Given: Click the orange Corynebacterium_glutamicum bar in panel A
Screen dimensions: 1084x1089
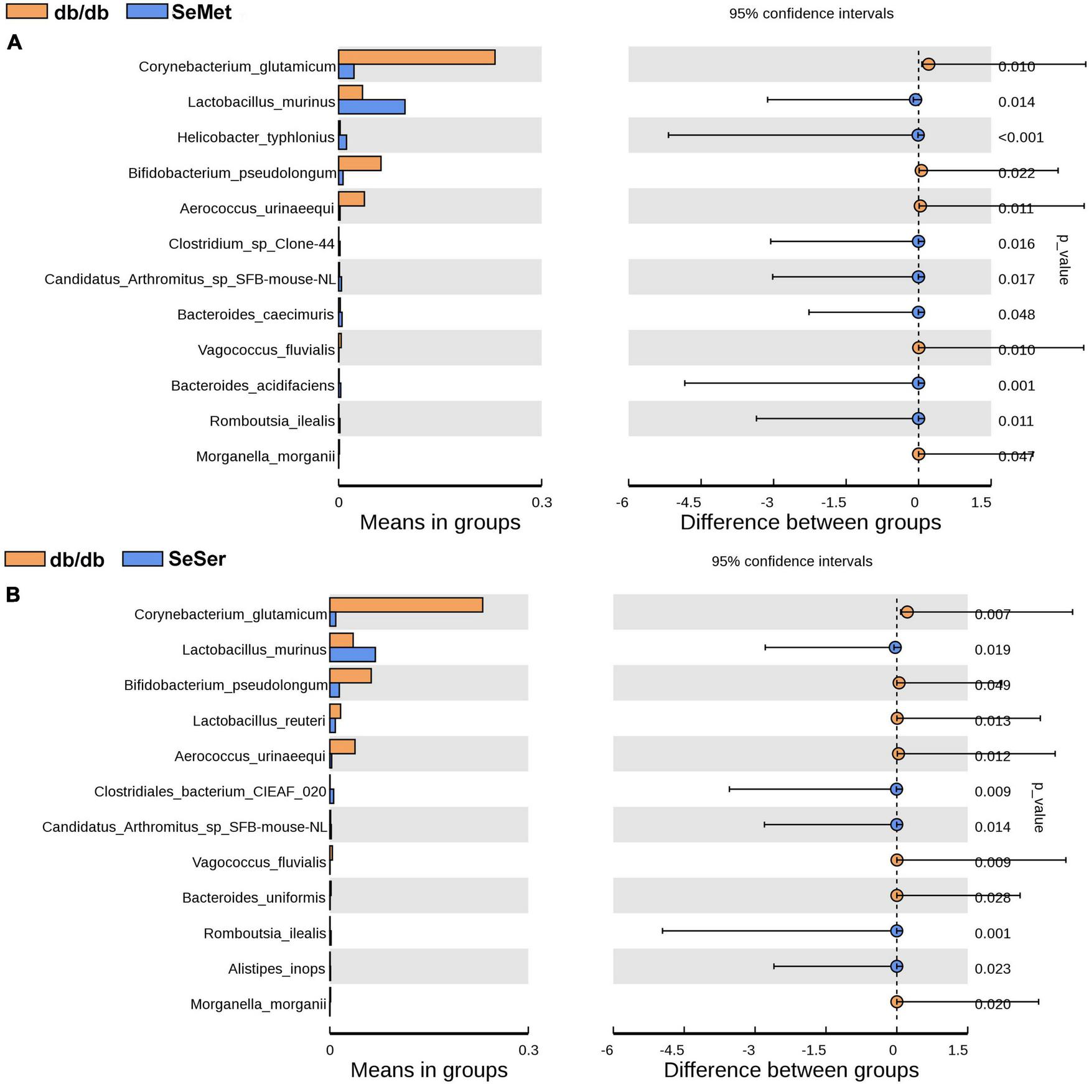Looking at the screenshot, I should point(416,57).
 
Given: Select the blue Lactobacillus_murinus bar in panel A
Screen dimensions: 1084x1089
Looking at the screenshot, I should point(372,107).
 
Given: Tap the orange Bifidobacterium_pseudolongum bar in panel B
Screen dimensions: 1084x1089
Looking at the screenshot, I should point(350,676).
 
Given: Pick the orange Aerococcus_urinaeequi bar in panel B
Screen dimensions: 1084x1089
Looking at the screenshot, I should point(342,747).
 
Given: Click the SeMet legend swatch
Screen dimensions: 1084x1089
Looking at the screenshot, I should point(147,12).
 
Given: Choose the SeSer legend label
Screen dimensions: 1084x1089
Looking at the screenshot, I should point(197,559).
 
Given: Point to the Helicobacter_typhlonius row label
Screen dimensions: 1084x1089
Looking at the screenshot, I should point(256,138).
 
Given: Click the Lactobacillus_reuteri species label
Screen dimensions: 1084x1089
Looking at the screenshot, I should point(259,721).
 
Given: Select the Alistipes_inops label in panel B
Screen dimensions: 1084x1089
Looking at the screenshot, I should point(276,969).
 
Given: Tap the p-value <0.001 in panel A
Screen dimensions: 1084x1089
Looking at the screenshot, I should point(1021,138).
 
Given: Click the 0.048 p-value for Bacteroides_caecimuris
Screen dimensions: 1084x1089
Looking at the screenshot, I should point(1016,315).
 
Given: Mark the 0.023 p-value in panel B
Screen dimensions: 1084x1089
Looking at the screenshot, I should point(993,969).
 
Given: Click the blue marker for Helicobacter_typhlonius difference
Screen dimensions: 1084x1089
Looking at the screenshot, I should point(918,135).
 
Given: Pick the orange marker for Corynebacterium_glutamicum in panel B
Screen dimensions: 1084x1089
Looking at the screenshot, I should point(907,612).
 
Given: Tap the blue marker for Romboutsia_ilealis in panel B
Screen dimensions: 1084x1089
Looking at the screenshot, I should point(896,931).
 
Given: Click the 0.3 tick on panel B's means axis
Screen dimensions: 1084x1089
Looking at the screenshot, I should point(528,1051).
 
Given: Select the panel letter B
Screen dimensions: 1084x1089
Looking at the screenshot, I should point(13,596).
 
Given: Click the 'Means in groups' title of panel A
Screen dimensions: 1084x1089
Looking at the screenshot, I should point(440,523).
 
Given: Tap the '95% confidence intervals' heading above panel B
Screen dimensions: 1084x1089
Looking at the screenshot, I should point(792,562).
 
